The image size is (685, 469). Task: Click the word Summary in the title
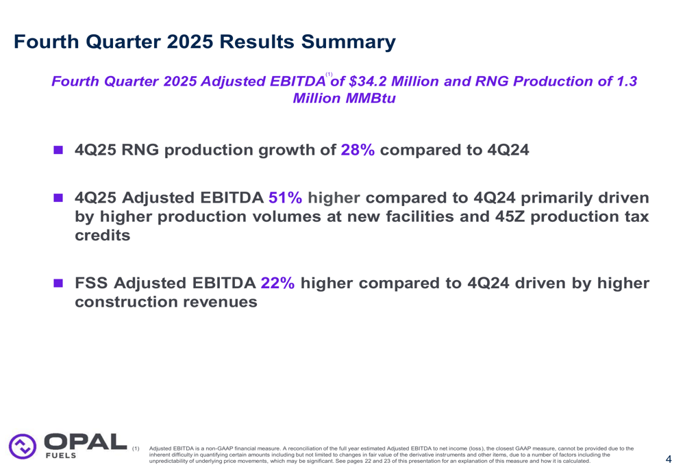pyautogui.click(x=347, y=42)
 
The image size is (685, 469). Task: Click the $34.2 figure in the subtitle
pyautogui.click(x=370, y=81)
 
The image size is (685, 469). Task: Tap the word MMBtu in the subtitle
pyautogui.click(x=370, y=98)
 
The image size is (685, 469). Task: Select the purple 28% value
pyautogui.click(x=358, y=150)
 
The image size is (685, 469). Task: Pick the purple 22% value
pyautogui.click(x=277, y=283)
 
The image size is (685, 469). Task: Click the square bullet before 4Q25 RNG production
pyautogui.click(x=59, y=150)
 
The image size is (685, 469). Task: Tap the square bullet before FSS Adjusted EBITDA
pyautogui.click(x=59, y=283)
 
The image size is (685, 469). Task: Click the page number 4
pyautogui.click(x=668, y=459)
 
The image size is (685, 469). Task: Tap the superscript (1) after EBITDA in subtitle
pyautogui.click(x=329, y=74)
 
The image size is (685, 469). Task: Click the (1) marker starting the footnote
pyautogui.click(x=136, y=448)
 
